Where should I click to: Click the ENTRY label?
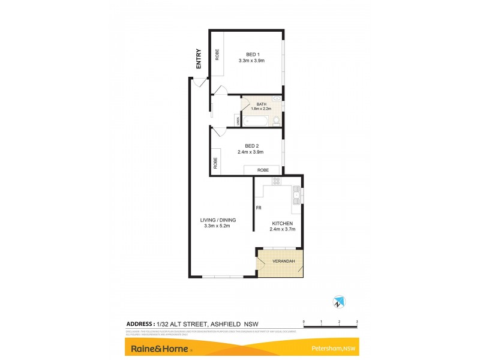coord(199,60)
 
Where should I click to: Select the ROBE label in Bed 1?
coord(217,55)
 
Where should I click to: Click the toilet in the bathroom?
coord(275,122)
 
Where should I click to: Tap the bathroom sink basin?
coord(277,98)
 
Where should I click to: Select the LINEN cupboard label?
coord(238,121)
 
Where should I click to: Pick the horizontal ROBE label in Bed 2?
coord(263,170)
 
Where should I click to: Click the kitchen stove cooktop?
coord(277,181)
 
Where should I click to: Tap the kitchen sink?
coord(296,193)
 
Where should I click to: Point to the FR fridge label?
coord(259,208)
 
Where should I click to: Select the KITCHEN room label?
coord(282,224)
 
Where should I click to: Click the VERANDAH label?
coord(282,262)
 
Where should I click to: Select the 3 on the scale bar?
coord(357,322)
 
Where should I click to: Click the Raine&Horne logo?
coord(158,349)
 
